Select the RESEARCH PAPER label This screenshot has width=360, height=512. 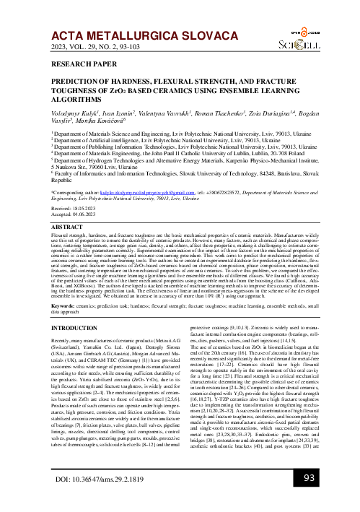coord(79,64)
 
